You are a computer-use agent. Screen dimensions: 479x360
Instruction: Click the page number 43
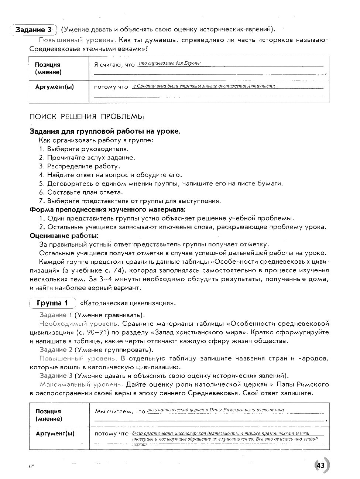click(x=320, y=465)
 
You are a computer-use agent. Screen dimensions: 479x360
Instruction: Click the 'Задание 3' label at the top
click(x=34, y=30)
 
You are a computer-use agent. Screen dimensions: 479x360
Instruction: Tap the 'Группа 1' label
click(x=52, y=303)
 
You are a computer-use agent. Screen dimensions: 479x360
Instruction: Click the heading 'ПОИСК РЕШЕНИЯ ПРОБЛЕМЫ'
click(x=86, y=117)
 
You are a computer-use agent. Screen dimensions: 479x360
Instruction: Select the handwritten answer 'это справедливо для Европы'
click(x=169, y=63)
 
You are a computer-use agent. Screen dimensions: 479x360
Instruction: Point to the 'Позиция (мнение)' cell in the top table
click(x=48, y=69)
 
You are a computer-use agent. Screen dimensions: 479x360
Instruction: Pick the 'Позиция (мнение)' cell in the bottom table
click(x=48, y=415)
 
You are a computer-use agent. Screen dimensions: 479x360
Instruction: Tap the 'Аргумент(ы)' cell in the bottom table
click(x=55, y=434)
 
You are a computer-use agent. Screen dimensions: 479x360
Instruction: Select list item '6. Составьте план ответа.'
click(x=81, y=192)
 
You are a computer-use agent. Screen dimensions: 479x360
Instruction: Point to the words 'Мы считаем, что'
click(x=120, y=411)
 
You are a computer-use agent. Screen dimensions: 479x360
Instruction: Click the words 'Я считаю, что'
click(x=114, y=65)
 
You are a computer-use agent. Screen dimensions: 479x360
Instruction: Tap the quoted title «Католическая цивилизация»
click(x=128, y=304)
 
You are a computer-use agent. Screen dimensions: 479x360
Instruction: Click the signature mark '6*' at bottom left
click(x=31, y=466)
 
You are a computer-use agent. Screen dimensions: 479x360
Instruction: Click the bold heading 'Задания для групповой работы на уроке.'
click(x=105, y=131)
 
